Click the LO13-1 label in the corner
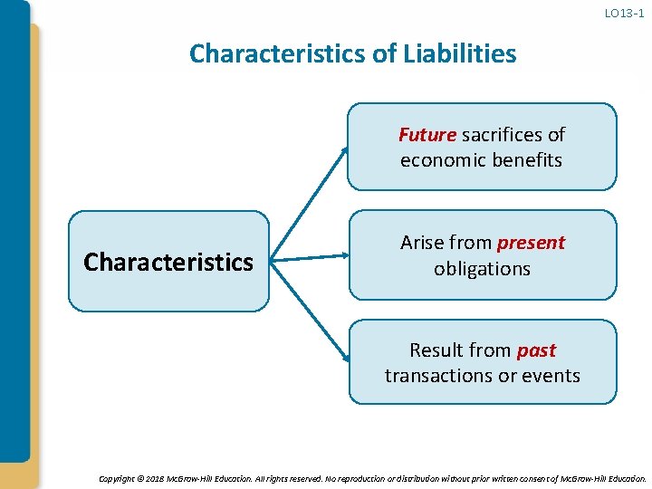click(x=624, y=13)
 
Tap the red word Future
click(x=427, y=135)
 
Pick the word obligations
click(x=482, y=269)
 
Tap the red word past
click(x=536, y=350)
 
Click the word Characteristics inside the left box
click(x=168, y=263)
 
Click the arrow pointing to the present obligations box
click(x=310, y=259)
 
